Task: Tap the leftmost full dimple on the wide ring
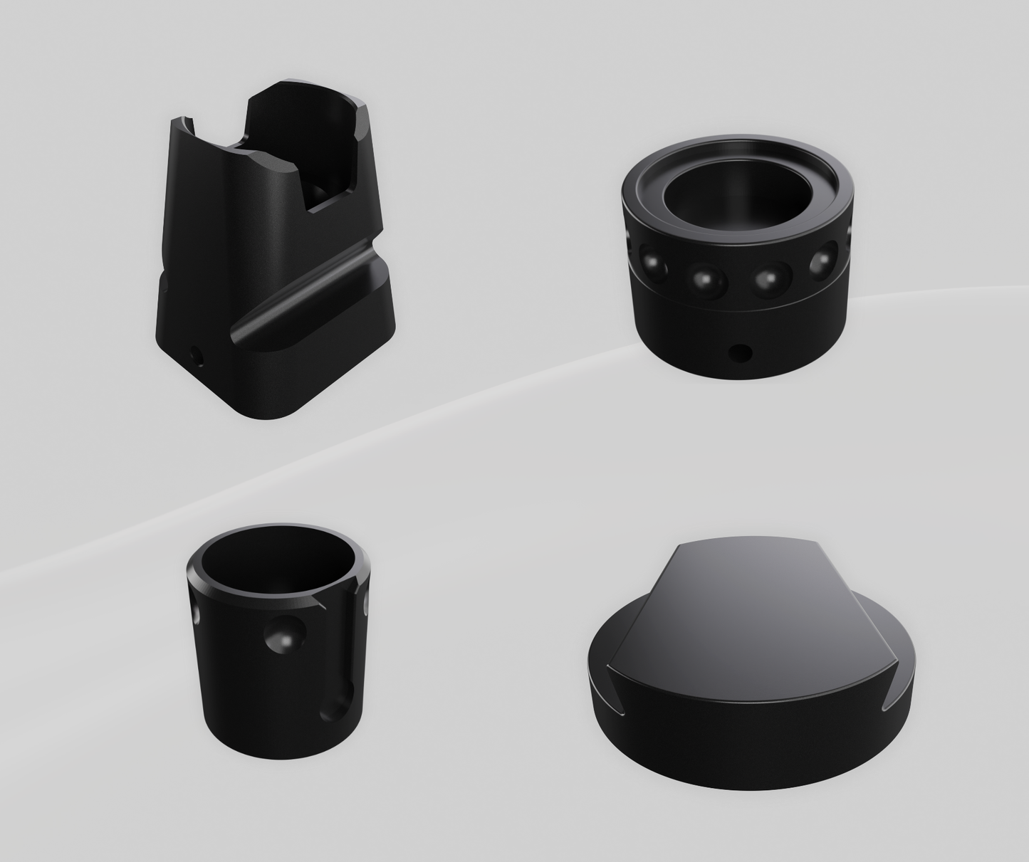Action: (652, 263)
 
